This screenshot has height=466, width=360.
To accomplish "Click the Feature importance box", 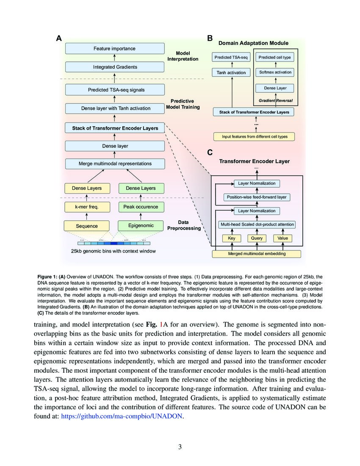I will coord(114,49).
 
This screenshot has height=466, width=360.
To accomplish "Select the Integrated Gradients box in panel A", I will coord(114,67).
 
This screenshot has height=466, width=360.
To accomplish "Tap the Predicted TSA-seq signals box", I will coord(114,90).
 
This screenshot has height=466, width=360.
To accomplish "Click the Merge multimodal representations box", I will coord(114,164).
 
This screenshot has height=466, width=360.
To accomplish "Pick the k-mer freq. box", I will coord(87,207).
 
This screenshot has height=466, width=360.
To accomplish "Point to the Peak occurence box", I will coord(141,207).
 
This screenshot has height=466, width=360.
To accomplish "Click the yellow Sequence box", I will coord(87,226).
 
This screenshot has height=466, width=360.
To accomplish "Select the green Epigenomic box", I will coord(141,226).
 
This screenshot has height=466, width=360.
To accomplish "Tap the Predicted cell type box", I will coord(275,58).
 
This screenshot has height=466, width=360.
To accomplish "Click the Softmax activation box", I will coord(275,72).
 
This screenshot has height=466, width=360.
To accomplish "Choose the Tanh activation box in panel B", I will coord(231,72).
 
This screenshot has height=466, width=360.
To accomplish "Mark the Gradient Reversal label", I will coord(275,101).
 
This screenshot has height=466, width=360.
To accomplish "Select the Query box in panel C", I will coord(257,238).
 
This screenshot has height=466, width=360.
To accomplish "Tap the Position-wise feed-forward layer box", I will coord(256,197).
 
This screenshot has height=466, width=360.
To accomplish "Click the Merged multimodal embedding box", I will coord(256,254).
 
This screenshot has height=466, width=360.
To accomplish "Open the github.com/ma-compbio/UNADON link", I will coord(122,416).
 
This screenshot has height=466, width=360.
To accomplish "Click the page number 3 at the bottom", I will coord(180,447).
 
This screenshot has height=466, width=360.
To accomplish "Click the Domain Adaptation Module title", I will coord(253,43).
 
